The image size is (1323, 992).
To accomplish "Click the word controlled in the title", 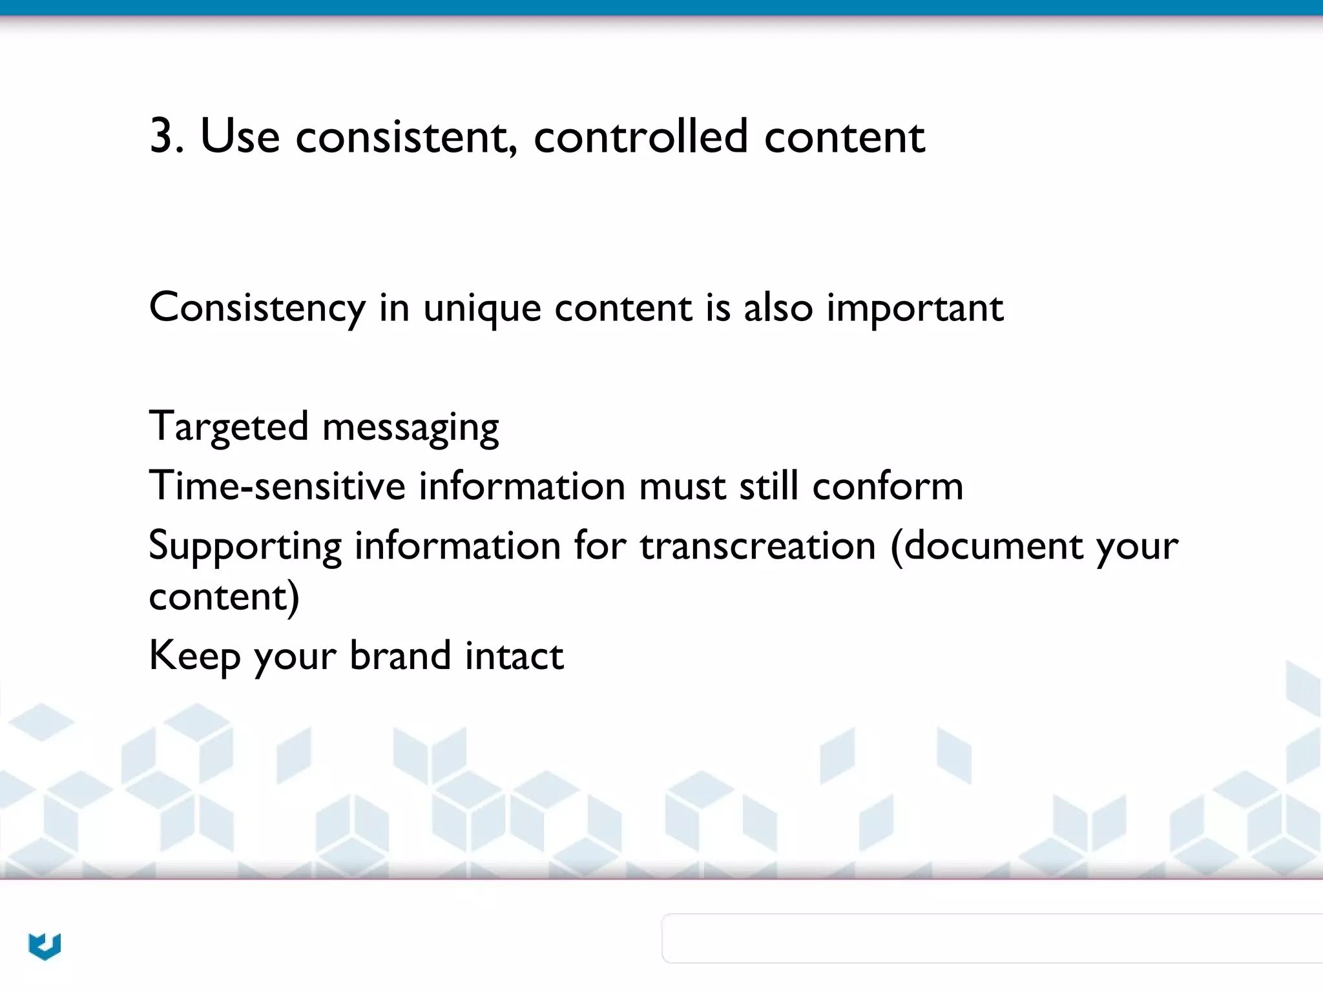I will click(x=640, y=136).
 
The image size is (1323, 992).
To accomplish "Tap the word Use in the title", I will click(x=240, y=136).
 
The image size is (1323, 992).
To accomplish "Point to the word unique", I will click(x=481, y=308).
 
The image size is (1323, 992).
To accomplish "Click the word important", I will click(x=914, y=308).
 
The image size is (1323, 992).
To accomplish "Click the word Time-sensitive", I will click(x=276, y=486).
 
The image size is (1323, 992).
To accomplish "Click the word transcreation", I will click(x=757, y=545).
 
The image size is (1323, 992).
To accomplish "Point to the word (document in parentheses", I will click(x=986, y=545).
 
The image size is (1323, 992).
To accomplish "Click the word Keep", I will click(x=194, y=656).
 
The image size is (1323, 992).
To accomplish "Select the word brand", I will click(x=400, y=655).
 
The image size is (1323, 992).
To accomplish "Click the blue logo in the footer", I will click(x=45, y=946).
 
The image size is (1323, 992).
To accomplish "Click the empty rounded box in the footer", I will click(x=992, y=938).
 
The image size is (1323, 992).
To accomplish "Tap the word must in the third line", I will click(x=682, y=486).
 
